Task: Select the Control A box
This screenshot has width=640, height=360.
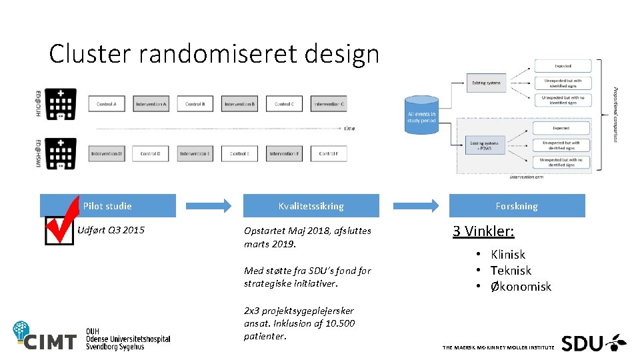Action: coord(107,104)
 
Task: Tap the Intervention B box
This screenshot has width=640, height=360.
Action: coord(239,104)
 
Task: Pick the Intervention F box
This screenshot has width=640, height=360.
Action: coord(284,154)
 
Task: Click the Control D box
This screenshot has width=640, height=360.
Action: coord(151,154)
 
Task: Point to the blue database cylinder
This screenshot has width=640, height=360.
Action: coord(421,114)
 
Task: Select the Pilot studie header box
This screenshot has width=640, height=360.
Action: coord(108,206)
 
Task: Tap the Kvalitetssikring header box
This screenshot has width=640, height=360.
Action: coord(311,206)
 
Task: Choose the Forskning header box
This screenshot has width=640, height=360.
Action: coord(517,206)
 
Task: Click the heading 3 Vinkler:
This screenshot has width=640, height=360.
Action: coord(483,231)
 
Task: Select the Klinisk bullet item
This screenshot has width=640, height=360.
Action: coord(507,254)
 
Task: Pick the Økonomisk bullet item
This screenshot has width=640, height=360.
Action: coord(521,287)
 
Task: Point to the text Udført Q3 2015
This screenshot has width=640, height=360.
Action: coord(111,231)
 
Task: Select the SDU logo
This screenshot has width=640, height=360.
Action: coord(593,343)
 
